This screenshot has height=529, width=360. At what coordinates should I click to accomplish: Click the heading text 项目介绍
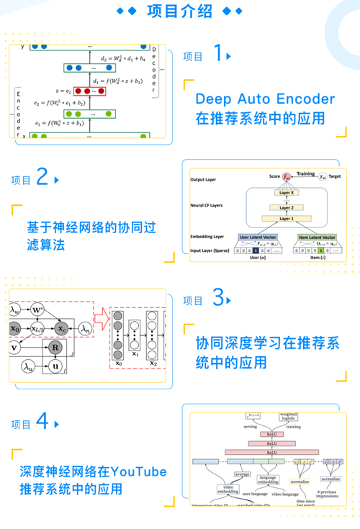[179, 11]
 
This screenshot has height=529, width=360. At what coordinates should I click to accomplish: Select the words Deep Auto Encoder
[264, 99]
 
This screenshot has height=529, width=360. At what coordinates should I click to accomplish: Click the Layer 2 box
[286, 207]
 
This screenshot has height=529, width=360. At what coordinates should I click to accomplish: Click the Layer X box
[286, 193]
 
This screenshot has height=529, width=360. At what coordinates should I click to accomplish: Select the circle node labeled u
[54, 366]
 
